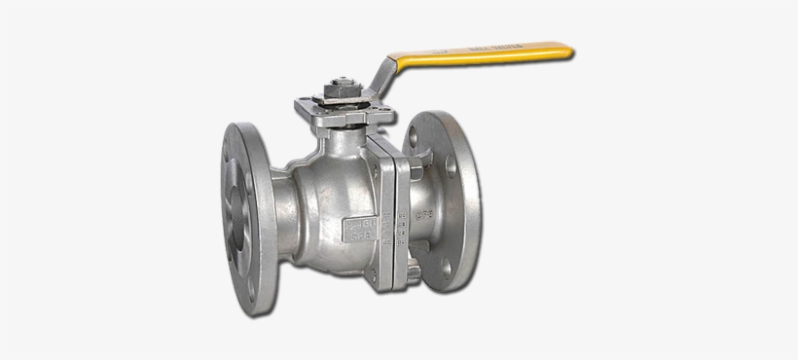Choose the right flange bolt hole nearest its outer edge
(465, 199)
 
